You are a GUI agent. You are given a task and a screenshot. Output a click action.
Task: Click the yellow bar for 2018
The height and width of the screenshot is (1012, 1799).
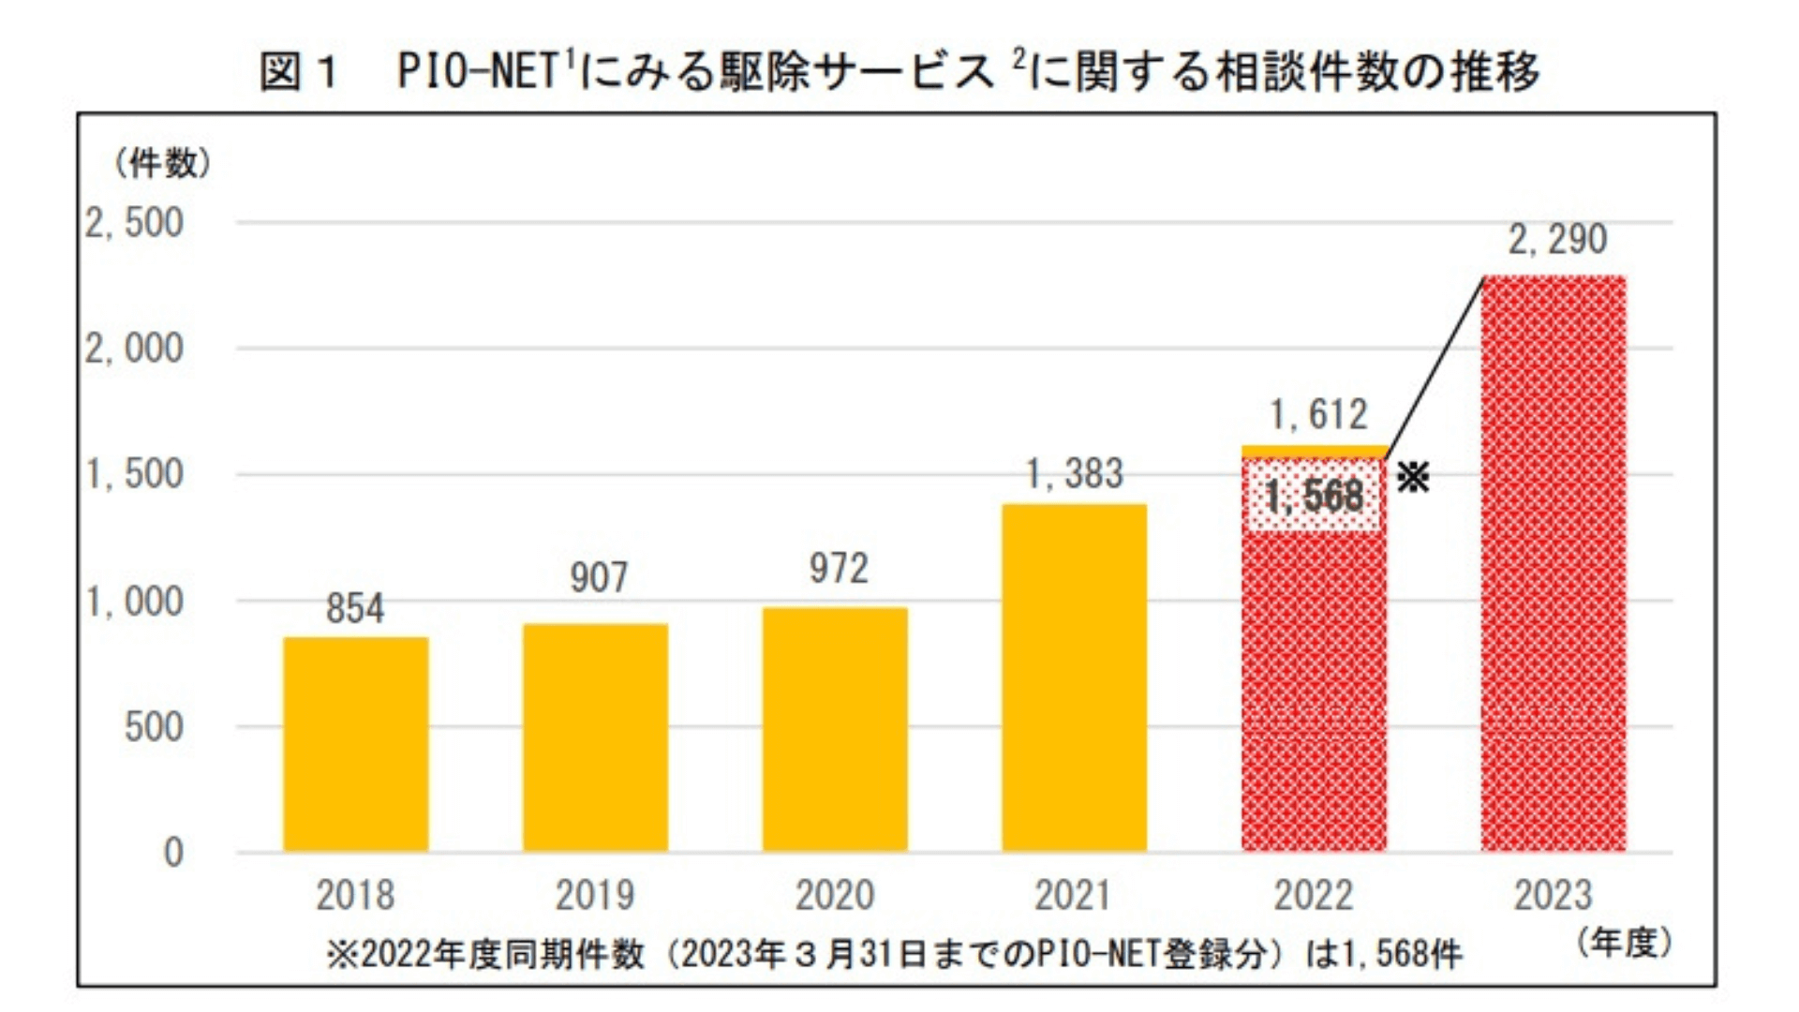pyautogui.click(x=356, y=744)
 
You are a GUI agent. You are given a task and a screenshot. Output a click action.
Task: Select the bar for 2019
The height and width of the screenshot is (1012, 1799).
pyautogui.click(x=595, y=737)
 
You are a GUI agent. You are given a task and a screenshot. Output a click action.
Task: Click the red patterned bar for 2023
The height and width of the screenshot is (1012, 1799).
pyautogui.click(x=1554, y=563)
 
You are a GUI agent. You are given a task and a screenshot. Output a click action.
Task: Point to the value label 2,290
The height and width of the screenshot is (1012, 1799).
pyautogui.click(x=1557, y=240)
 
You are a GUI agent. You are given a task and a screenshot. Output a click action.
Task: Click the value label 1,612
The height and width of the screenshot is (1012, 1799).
pyautogui.click(x=1318, y=415)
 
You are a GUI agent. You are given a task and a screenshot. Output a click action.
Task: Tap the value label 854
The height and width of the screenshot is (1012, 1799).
pyautogui.click(x=355, y=609)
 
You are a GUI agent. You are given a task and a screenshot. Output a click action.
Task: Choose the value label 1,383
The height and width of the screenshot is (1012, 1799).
pyautogui.click(x=1074, y=474)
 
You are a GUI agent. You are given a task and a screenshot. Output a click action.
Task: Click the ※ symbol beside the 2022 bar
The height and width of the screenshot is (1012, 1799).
pyautogui.click(x=1413, y=478)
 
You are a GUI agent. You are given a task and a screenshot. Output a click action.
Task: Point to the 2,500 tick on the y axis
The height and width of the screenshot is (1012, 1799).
pyautogui.click(x=134, y=224)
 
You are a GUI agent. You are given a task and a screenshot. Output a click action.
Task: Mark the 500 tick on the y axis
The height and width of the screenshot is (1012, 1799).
pyautogui.click(x=154, y=727)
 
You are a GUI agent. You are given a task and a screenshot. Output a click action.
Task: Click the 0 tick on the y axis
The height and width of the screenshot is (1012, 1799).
pyautogui.click(x=173, y=853)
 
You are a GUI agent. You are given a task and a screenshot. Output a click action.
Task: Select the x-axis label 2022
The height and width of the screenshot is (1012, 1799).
pyautogui.click(x=1314, y=896)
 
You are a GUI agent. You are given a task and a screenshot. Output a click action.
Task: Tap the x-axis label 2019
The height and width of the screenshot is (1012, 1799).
pyautogui.click(x=595, y=896)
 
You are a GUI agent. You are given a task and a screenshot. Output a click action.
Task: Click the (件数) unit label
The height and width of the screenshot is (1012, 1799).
pyautogui.click(x=163, y=164)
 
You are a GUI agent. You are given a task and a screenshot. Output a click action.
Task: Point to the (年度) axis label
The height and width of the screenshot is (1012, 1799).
pyautogui.click(x=1624, y=943)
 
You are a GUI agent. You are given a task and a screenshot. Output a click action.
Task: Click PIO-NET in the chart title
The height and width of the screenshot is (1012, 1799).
pyautogui.click(x=478, y=71)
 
